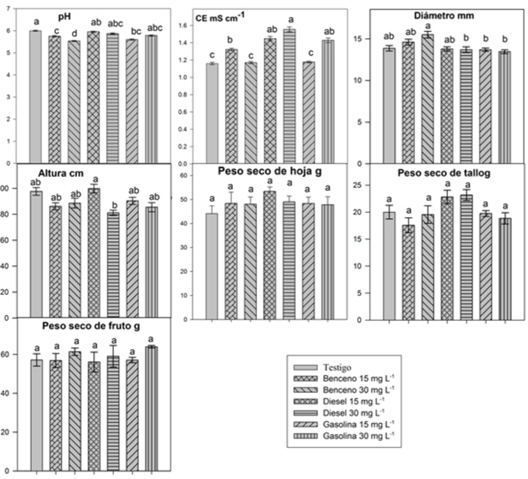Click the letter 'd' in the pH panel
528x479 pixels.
(x=74, y=33)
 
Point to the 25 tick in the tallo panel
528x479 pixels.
(x=364, y=186)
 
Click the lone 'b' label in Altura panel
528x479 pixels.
(x=113, y=204)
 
